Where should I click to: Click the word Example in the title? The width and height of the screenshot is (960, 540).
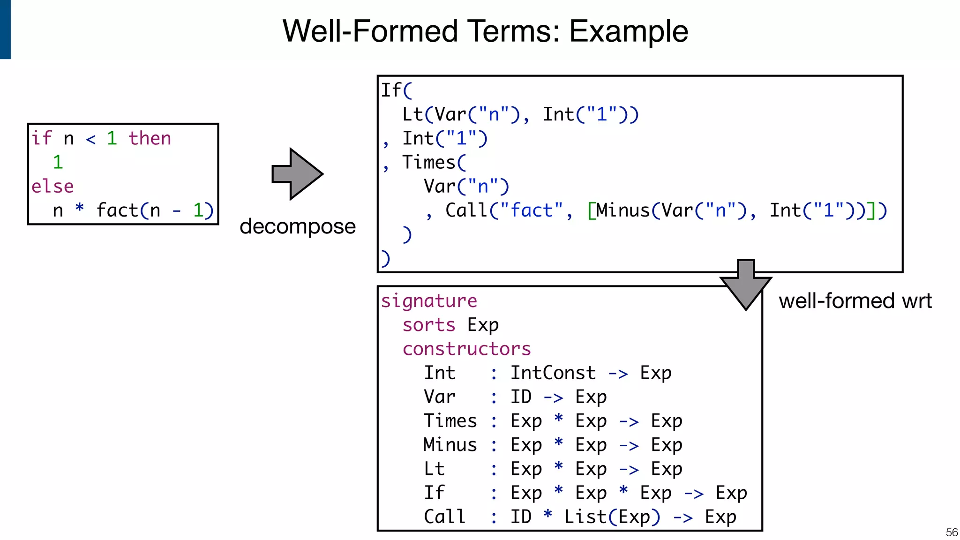pyautogui.click(x=628, y=31)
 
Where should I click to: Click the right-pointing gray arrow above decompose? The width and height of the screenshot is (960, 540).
pyautogui.click(x=297, y=174)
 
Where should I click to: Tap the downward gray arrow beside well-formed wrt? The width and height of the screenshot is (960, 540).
pyautogui.click(x=745, y=284)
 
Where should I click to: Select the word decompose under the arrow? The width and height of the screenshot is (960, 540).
pyautogui.click(x=297, y=226)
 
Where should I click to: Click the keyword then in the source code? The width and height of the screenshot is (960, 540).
pyautogui.click(x=150, y=138)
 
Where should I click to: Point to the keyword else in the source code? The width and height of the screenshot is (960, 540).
pyautogui.click(x=52, y=186)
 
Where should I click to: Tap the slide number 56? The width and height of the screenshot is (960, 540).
pyautogui.click(x=952, y=532)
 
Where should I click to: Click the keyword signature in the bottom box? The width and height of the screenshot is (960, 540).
pyautogui.click(x=429, y=300)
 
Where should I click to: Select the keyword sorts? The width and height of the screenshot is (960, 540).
pyautogui.click(x=429, y=324)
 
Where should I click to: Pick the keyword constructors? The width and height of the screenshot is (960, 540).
pyautogui.click(x=466, y=349)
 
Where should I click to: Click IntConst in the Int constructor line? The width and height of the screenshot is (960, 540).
pyautogui.click(x=553, y=373)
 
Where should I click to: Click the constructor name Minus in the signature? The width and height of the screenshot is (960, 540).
pyautogui.click(x=450, y=444)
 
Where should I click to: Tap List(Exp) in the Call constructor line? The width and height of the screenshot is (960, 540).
pyautogui.click(x=612, y=517)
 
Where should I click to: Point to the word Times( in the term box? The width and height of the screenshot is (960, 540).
pyautogui.click(x=434, y=162)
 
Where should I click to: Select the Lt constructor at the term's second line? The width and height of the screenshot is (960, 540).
pyautogui.click(x=412, y=114)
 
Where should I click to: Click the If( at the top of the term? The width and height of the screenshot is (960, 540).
pyautogui.click(x=396, y=90)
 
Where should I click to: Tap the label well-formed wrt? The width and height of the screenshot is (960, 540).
pyautogui.click(x=855, y=300)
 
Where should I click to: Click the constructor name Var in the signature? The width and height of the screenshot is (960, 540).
pyautogui.click(x=439, y=397)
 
